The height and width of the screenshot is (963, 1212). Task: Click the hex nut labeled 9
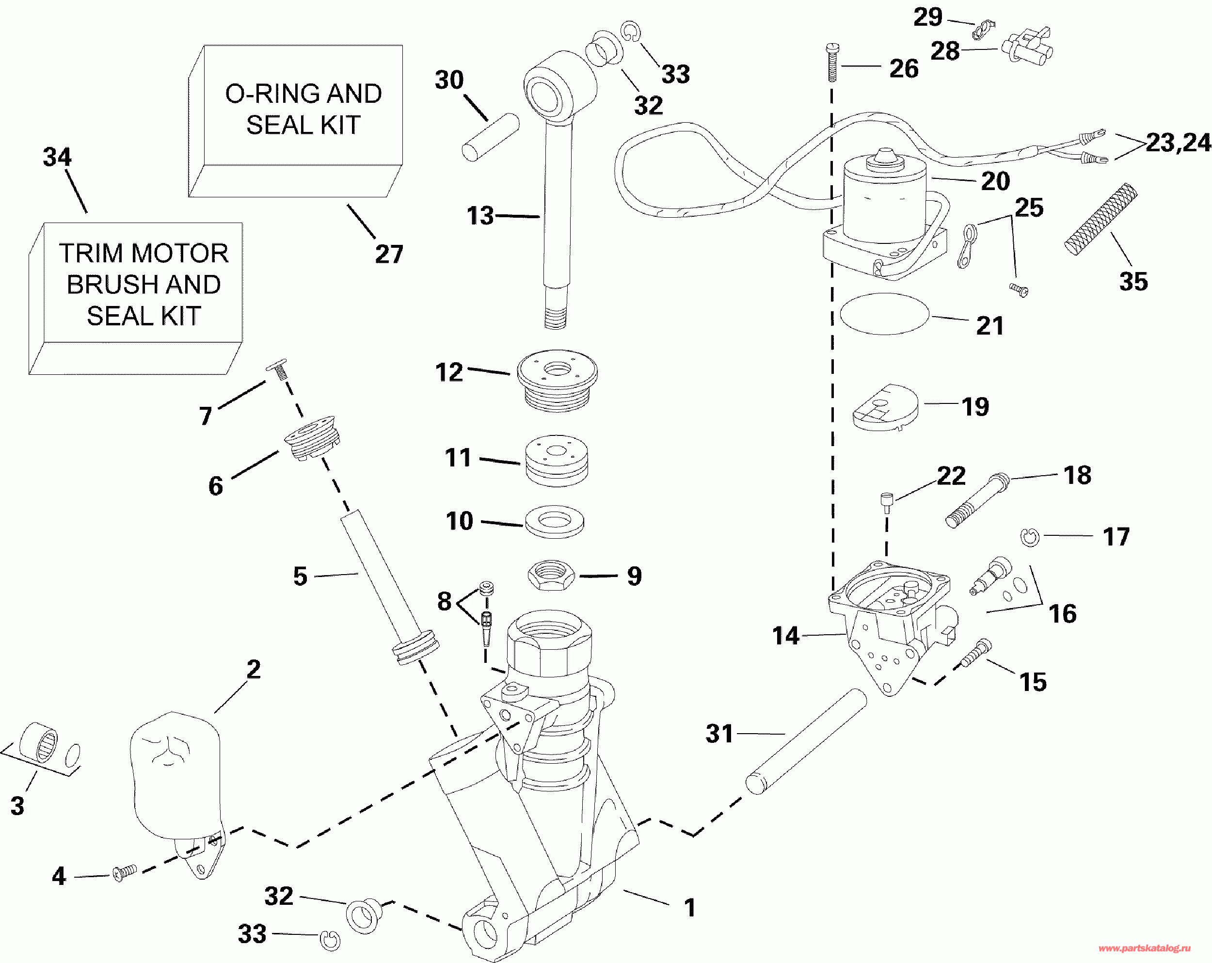(551, 575)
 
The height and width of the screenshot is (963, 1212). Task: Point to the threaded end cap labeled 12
(557, 380)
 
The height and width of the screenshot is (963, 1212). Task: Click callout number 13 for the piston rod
(480, 216)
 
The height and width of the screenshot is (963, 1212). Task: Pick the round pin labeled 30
(490, 137)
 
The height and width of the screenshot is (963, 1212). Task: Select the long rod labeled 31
(806, 741)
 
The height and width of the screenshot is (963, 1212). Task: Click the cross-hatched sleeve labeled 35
(1100, 219)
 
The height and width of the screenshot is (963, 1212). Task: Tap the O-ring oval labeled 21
(884, 314)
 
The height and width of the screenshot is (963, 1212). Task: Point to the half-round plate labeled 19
(885, 408)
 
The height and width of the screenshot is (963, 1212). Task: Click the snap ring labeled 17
(1030, 537)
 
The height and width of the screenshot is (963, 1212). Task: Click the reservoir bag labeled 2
(175, 776)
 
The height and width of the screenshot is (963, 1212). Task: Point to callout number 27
(389, 254)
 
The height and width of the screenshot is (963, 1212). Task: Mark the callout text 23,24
(1178, 143)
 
